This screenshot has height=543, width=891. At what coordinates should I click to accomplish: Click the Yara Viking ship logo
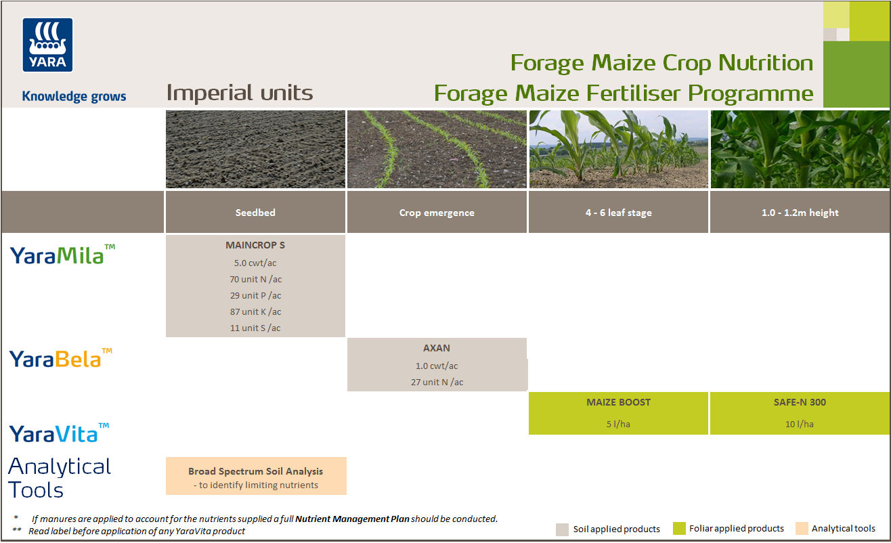[48, 45]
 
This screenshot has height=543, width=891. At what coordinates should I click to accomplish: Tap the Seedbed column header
[255, 213]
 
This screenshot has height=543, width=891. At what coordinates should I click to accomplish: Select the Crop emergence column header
[437, 213]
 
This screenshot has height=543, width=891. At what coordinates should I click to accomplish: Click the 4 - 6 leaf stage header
[618, 213]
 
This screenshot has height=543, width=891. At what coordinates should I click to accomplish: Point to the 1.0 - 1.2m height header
[800, 213]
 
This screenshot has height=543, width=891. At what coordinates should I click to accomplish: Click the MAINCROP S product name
[255, 245]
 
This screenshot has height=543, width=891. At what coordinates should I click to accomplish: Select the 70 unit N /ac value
[255, 279]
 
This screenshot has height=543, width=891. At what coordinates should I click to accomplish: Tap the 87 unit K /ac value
[255, 311]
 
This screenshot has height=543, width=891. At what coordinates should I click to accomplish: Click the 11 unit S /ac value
[255, 328]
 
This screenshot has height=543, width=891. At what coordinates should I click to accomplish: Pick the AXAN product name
[437, 348]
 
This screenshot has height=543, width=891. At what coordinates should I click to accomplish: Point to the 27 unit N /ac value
[437, 382]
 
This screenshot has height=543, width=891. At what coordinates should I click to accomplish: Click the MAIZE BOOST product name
[618, 402]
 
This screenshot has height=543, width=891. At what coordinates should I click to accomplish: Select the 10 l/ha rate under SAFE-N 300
[800, 424]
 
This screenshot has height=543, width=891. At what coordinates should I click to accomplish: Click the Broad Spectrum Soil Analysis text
[255, 471]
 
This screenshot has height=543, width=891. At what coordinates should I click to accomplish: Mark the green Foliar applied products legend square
[679, 529]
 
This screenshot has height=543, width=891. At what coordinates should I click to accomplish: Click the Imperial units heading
[240, 93]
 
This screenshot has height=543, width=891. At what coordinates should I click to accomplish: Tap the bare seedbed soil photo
[255, 150]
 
